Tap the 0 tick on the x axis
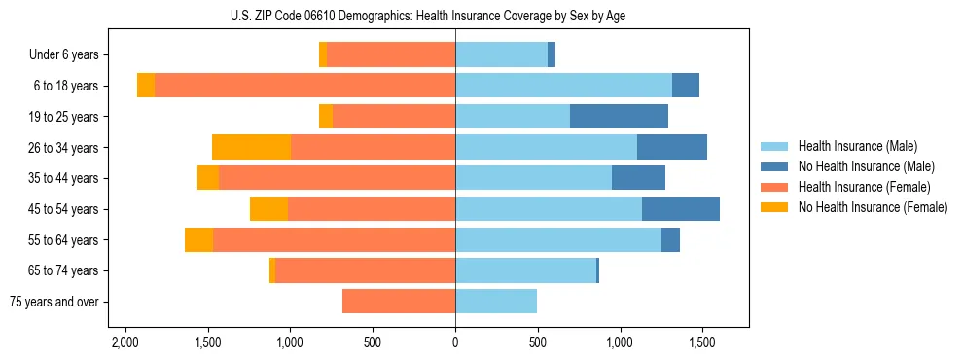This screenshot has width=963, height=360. (455, 343)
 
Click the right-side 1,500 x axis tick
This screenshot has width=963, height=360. (703, 343)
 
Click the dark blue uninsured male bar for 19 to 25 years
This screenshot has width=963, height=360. (619, 117)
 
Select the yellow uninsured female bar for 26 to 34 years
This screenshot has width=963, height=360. (251, 147)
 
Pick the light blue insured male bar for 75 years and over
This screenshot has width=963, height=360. (496, 302)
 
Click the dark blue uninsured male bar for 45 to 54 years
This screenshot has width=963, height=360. (681, 209)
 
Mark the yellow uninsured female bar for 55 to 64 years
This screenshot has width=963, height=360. (198, 239)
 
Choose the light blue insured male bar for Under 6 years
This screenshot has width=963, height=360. (501, 55)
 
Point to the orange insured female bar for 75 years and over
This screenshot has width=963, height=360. (399, 302)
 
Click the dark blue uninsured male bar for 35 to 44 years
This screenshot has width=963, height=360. (638, 178)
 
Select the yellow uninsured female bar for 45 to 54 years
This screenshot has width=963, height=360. (268, 209)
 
